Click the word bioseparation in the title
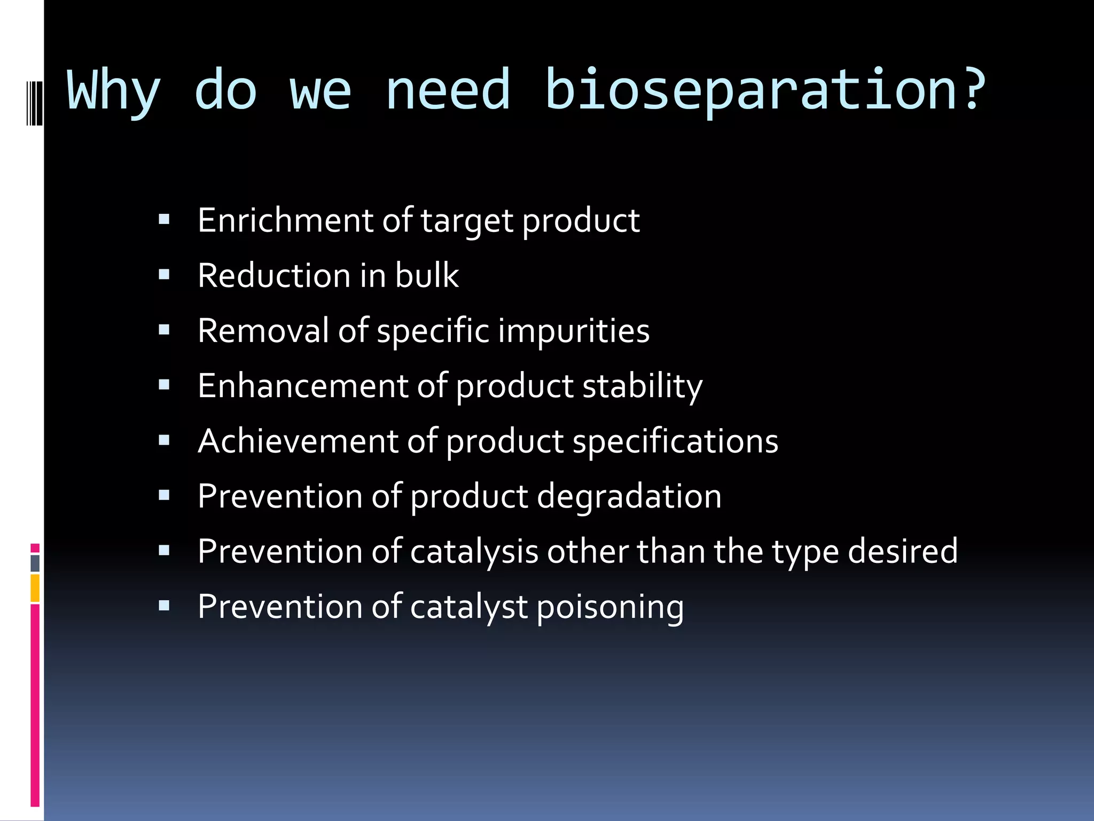[x=748, y=91]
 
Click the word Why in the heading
[x=113, y=91]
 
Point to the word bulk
[x=426, y=275]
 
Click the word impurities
[x=574, y=330]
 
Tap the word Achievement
[x=298, y=441]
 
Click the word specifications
[x=675, y=441]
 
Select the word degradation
[x=629, y=496]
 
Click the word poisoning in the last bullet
[x=609, y=607]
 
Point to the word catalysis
[x=474, y=551]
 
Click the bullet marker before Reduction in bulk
[x=164, y=275]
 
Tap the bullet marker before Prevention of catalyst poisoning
[x=164, y=606]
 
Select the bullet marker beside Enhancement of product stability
[x=164, y=385]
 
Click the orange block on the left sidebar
[x=35, y=588]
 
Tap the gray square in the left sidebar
[x=35, y=563]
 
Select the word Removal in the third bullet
[x=263, y=330]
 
